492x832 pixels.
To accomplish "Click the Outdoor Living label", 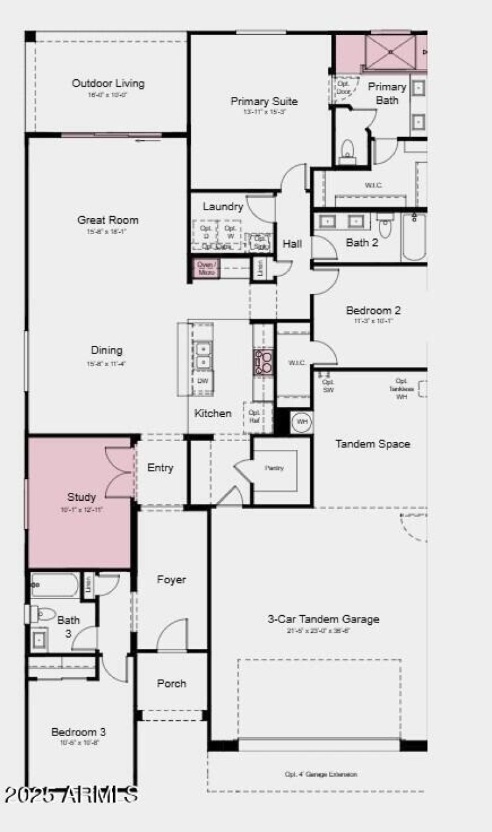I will (108, 84).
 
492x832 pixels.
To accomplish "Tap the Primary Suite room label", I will (264, 101).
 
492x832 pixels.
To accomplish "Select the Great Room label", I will (108, 220).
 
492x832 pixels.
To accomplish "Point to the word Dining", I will (106, 350).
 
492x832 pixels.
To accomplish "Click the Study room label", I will (81, 497).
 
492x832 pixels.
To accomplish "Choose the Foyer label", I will (171, 579).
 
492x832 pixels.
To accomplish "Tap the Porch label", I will (171, 683).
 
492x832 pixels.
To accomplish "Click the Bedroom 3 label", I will (78, 732).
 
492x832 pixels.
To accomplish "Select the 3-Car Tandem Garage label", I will (323, 619).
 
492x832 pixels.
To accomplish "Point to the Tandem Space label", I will (372, 444).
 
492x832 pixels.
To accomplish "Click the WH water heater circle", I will (302, 422).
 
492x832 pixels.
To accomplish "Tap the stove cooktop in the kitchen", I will (264, 363).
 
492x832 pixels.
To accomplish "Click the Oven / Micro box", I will (207, 269).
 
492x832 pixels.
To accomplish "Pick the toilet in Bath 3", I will (43, 613).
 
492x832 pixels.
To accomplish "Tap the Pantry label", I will (274, 468).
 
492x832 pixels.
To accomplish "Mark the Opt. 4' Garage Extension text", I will (320, 775).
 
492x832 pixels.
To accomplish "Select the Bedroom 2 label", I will (373, 311).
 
